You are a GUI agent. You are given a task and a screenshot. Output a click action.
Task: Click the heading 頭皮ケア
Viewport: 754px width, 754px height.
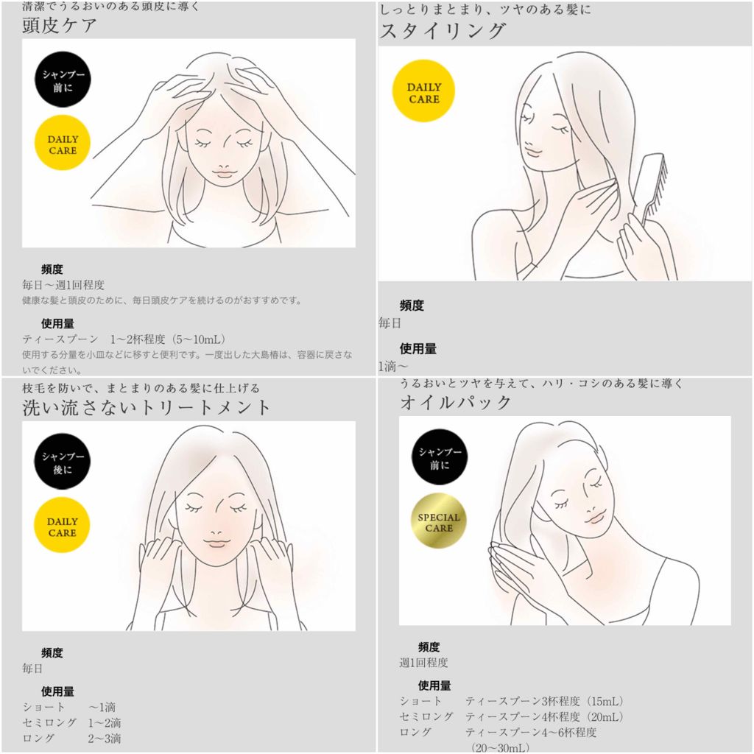pos(59,26)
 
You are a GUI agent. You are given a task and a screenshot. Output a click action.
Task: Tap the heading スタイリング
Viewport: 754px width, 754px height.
pos(443,31)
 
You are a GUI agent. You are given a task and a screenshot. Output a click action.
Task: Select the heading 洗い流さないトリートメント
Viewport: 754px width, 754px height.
pos(147,408)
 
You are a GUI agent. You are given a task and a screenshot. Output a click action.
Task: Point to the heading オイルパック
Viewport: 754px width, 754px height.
pos(455,402)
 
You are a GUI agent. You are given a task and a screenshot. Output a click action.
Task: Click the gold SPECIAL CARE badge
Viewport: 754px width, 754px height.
pos(439,522)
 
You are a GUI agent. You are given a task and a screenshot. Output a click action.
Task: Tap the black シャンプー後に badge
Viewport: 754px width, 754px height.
pos(63,462)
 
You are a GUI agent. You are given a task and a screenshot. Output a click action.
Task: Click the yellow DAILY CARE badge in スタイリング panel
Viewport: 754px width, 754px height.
pos(423,91)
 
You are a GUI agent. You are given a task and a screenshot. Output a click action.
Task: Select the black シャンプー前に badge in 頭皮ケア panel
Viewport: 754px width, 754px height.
pos(63,80)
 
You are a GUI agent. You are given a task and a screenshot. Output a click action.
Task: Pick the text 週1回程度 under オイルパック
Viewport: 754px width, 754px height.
pos(423,663)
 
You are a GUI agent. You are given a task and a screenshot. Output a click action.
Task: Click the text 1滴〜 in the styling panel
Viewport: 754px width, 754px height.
pos(393,367)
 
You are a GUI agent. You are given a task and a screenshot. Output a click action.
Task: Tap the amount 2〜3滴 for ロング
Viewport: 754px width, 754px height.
pos(105,738)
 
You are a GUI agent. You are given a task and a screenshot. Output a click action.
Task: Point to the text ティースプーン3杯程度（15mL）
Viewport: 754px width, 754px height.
pos(544,701)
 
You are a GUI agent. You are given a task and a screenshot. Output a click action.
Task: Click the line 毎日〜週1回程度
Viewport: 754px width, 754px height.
pos(63,285)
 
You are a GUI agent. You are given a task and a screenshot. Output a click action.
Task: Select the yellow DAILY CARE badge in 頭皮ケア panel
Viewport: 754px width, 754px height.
pos(63,144)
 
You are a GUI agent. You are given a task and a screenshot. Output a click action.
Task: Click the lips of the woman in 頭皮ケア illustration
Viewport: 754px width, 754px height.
pos(222,172)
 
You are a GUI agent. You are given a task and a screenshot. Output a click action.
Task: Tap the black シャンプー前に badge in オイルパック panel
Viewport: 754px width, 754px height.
pos(440,457)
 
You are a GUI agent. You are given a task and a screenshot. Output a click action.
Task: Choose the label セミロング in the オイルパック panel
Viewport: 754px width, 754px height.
pos(426,716)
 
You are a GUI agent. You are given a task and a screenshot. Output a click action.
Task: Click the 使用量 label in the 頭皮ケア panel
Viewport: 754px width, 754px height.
pos(57,324)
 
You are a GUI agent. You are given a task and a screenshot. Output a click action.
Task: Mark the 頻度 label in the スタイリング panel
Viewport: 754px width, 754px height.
pos(412,306)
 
